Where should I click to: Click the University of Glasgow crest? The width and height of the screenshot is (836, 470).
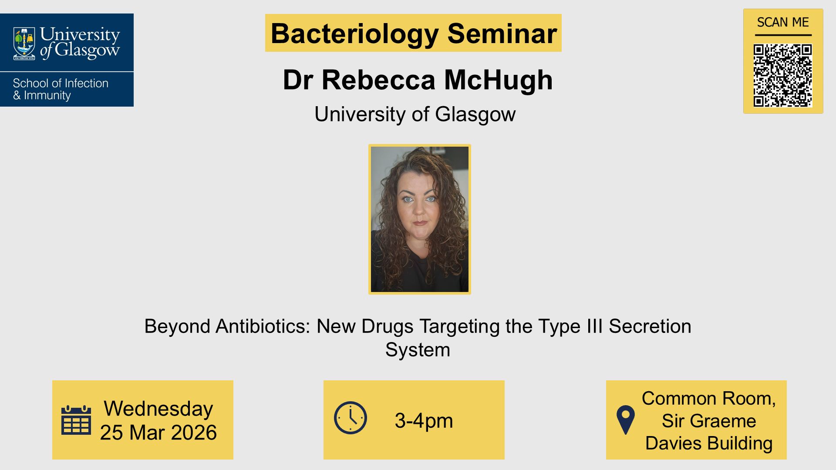[24, 43]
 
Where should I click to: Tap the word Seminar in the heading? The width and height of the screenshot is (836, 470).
[502, 34]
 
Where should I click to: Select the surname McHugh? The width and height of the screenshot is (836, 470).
[498, 80]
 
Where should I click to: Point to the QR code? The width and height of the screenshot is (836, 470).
[782, 75]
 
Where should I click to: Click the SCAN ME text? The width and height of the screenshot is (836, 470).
[782, 22]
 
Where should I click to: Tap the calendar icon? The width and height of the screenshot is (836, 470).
[76, 420]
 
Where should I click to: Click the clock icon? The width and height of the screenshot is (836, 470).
[351, 418]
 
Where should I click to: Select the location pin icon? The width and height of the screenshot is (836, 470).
[626, 420]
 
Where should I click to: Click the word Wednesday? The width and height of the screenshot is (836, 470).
[158, 409]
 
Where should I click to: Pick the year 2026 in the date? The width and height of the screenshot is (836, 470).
[194, 433]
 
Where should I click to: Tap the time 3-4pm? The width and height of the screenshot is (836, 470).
[424, 421]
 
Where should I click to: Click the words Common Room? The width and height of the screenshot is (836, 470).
[708, 399]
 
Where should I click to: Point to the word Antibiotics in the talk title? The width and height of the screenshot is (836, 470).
[267, 326]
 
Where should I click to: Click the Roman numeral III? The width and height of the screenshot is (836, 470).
[594, 326]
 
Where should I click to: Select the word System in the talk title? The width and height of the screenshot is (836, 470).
[418, 350]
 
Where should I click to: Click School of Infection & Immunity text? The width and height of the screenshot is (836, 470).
[61, 89]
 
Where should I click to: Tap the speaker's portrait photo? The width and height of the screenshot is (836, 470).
[419, 219]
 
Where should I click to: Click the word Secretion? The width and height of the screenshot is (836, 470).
[650, 326]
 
